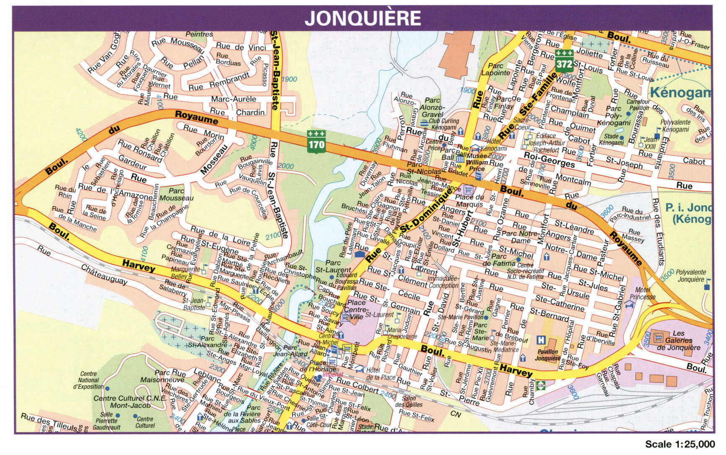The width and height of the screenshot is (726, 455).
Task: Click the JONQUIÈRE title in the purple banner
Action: pos(362,18)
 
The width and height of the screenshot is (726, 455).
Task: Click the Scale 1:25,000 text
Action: pos(679,444)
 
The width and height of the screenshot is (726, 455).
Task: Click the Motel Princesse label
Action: pos(642,293)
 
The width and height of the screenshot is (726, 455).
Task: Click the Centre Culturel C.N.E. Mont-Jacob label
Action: pos(130,401)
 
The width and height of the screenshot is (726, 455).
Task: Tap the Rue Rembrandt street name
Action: pos(219,82)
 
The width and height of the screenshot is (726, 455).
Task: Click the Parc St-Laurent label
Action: pos(333,266)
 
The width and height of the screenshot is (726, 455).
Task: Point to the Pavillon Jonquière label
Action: pos(548,355)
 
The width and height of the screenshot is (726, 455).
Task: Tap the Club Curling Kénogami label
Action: pos(443,124)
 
